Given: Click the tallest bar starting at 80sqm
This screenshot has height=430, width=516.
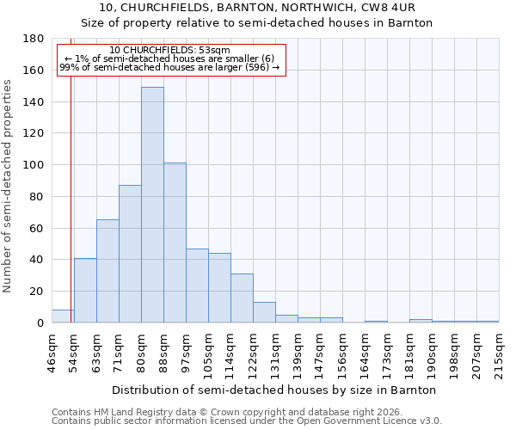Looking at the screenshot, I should (152, 205).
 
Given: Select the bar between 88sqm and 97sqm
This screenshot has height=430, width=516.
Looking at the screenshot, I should (175, 243).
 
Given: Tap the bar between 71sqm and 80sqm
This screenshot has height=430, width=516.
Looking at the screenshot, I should (130, 254).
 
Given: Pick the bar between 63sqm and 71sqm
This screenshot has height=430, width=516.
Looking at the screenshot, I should (107, 271).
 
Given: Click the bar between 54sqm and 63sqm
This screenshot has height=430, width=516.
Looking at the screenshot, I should (85, 291).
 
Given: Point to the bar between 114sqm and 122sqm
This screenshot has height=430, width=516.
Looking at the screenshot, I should (242, 298).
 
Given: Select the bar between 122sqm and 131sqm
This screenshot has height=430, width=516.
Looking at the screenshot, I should (264, 313).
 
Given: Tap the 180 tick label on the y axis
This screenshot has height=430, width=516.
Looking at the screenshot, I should (34, 39).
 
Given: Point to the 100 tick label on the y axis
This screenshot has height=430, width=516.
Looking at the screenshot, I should (34, 165).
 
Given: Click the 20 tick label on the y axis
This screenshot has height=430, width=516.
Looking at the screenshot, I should (37, 292).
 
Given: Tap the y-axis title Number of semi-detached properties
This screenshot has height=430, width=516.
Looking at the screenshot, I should (9, 185).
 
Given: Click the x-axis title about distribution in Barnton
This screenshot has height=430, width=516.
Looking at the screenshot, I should (275, 390).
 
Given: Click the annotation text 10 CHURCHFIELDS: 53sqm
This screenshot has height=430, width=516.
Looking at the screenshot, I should (170, 51).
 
